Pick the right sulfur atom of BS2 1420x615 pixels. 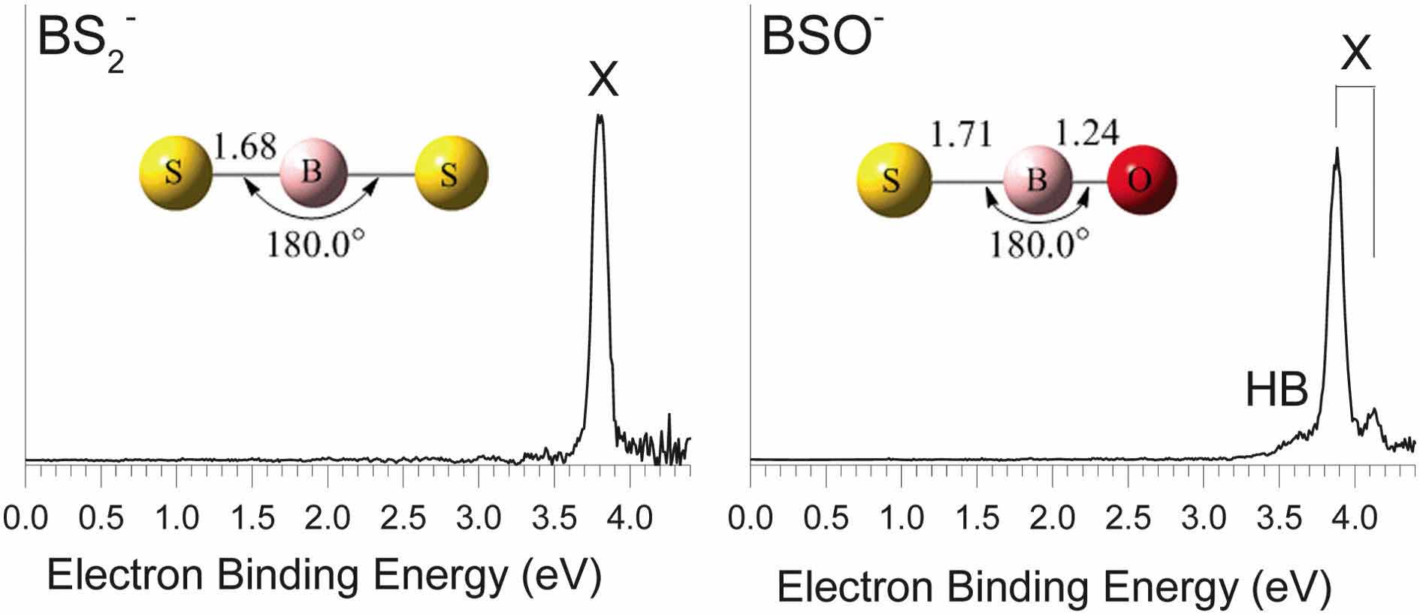pyautogui.click(x=450, y=173)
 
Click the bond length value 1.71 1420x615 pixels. pyautogui.click(x=961, y=135)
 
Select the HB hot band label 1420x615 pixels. pyautogui.click(x=1276, y=392)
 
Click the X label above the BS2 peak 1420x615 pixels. pyautogui.click(x=603, y=80)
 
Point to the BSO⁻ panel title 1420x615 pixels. pyautogui.click(x=822, y=38)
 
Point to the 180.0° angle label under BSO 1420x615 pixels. pyautogui.click(x=1038, y=243)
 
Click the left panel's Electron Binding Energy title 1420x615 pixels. pyautogui.click(x=325, y=576)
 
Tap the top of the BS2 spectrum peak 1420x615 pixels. pyautogui.click(x=600, y=116)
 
